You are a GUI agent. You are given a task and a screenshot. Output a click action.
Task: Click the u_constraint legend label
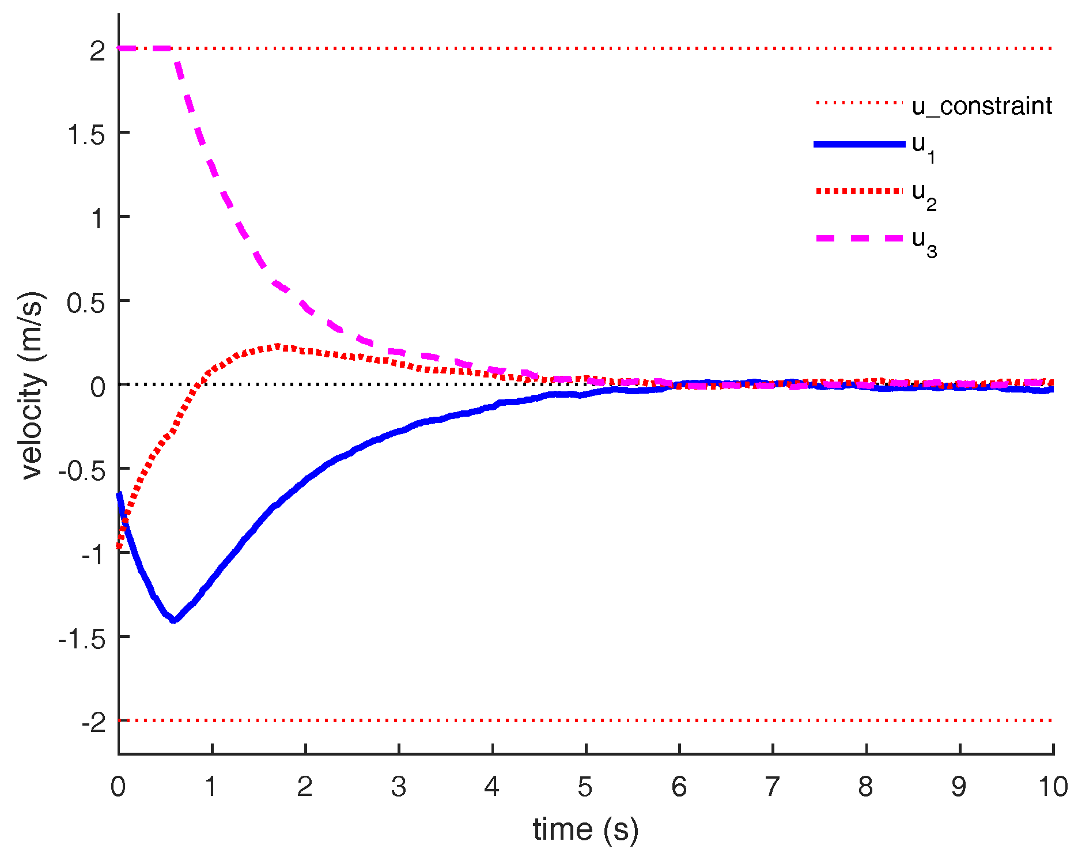(x=982, y=106)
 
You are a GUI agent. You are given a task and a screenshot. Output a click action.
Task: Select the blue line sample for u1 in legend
(x=859, y=144)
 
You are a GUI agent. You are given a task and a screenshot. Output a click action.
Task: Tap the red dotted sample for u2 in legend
(x=859, y=191)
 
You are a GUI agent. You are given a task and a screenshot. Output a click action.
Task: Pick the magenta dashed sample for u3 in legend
(x=859, y=238)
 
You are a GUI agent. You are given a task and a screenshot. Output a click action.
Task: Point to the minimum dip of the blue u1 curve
(x=173, y=620)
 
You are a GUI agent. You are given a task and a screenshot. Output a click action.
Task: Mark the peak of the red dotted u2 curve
(x=278, y=346)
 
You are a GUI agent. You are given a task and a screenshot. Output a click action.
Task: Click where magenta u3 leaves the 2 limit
(x=172, y=50)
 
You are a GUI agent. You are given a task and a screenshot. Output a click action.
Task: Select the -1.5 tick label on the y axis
(x=82, y=639)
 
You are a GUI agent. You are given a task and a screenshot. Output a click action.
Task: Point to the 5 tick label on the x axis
(x=585, y=787)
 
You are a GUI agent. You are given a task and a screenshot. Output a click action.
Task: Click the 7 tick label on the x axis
(x=772, y=787)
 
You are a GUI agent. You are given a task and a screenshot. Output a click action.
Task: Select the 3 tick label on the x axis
(x=399, y=787)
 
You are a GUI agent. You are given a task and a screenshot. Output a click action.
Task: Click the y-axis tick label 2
(x=98, y=51)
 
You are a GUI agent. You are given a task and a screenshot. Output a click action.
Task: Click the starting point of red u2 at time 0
(x=119, y=546)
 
